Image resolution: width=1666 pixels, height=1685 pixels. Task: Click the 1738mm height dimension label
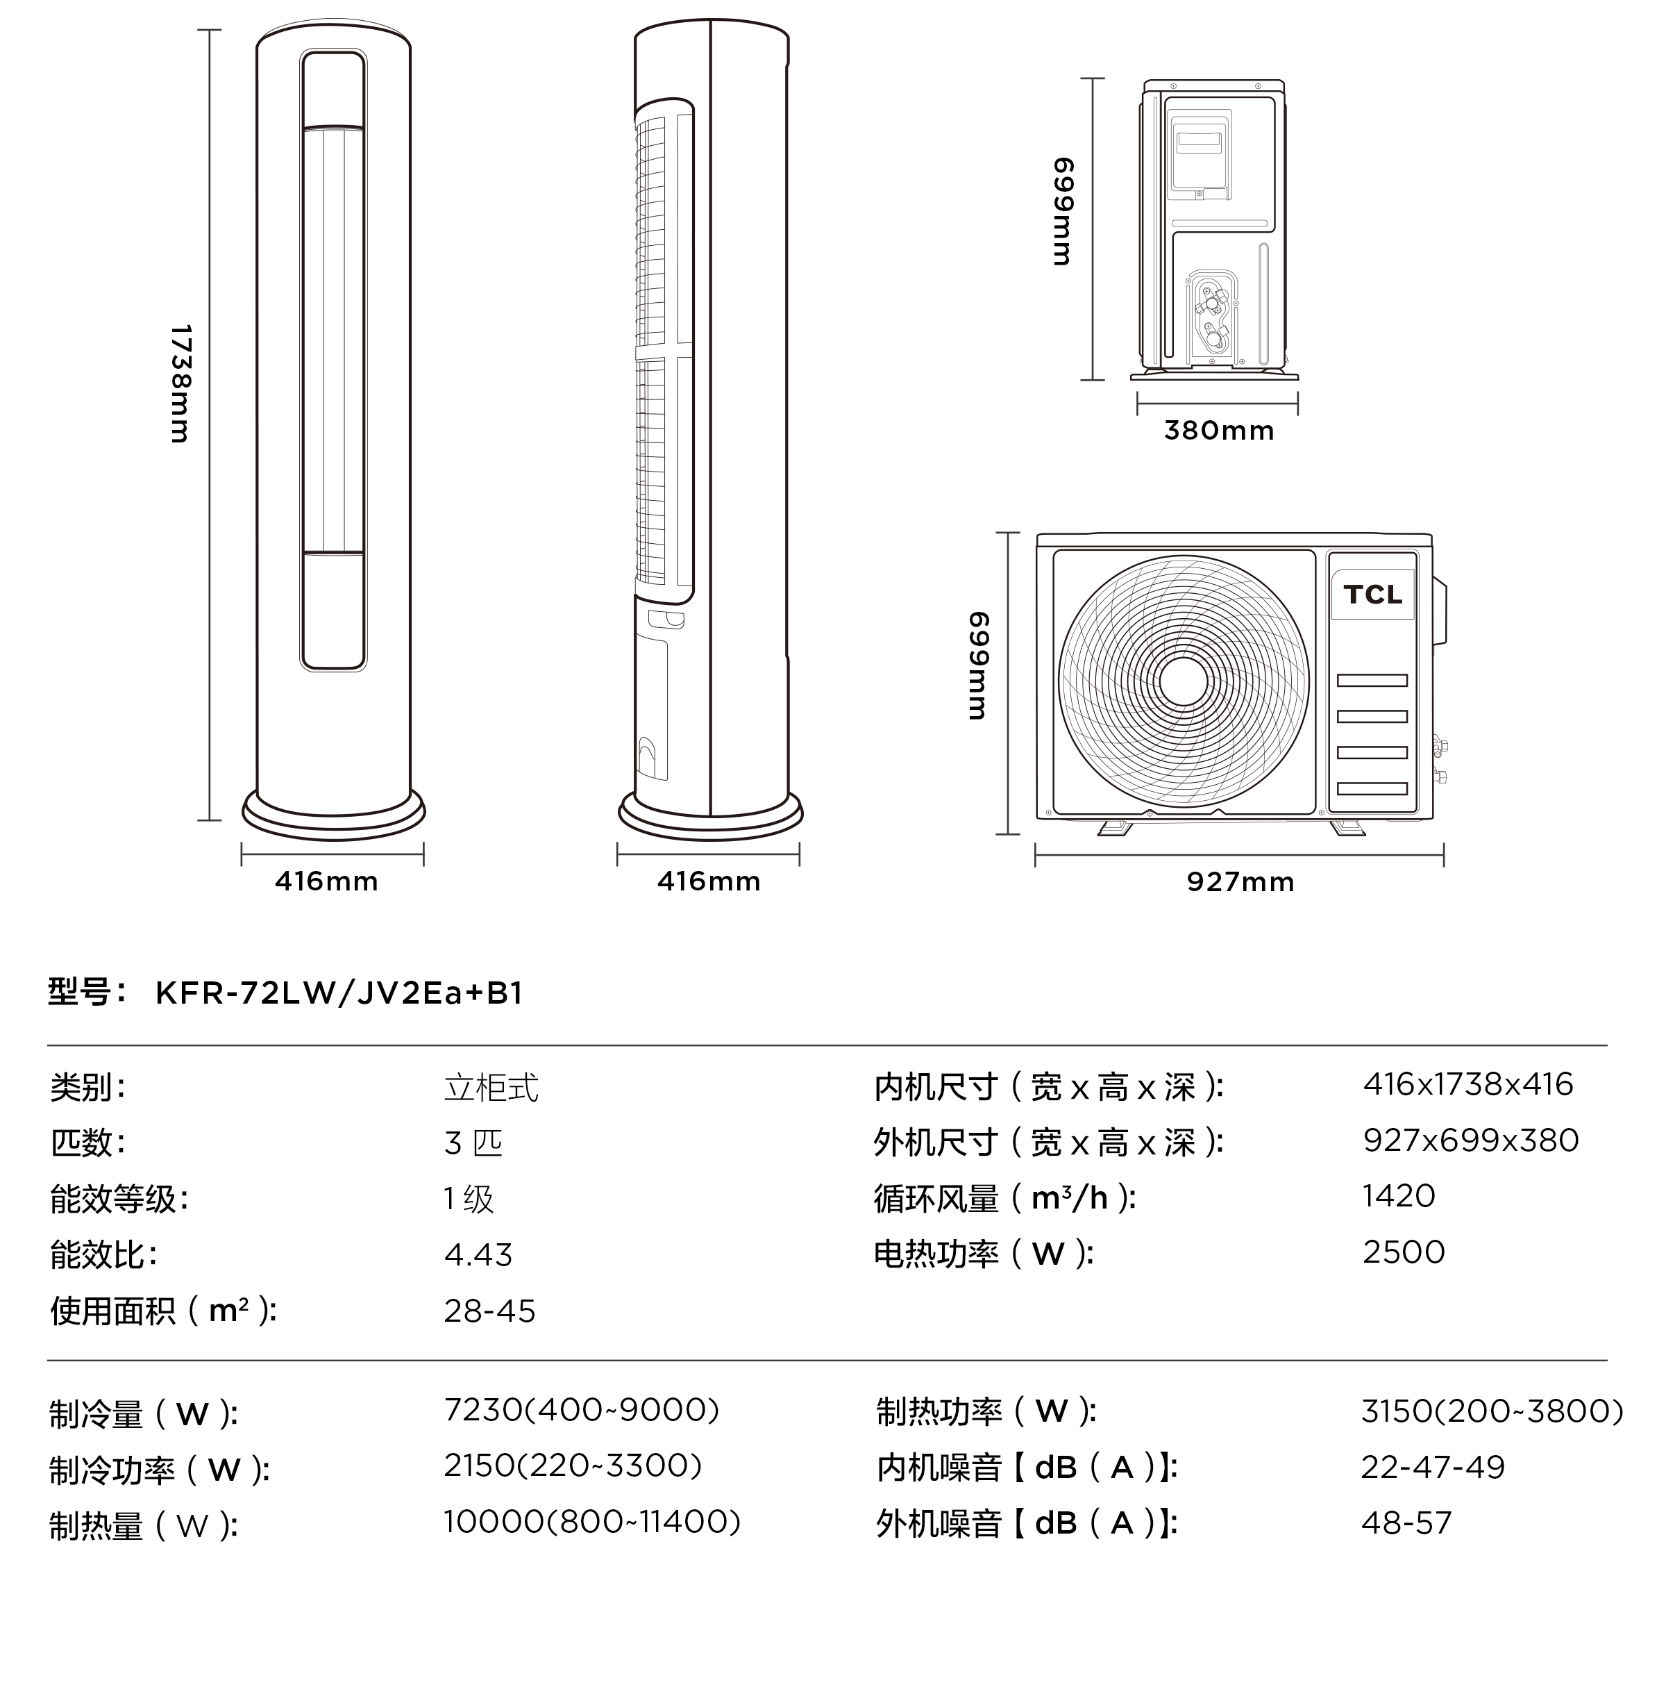point(180,384)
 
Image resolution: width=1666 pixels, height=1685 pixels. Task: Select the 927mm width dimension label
point(1240,882)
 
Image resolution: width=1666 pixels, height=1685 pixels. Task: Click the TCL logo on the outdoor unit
point(1372,595)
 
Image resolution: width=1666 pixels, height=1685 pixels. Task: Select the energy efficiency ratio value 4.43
point(478,1254)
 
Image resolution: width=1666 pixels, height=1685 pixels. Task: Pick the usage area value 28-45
point(489,1311)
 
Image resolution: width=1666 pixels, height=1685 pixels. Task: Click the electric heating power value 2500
point(1404,1252)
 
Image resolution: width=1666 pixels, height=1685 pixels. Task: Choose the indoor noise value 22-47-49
point(1432,1467)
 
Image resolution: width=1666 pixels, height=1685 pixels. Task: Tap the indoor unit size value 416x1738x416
point(1468,1084)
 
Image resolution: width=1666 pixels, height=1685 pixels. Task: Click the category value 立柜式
point(491,1088)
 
